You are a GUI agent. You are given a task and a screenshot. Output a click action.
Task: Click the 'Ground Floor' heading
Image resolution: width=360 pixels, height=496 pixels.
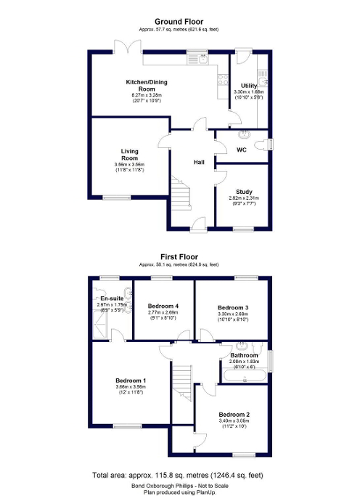click(179, 21)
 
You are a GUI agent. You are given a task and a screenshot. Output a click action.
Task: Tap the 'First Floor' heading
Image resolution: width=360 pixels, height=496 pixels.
click(179, 256)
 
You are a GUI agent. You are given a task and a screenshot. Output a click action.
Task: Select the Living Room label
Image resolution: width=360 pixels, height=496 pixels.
click(129, 155)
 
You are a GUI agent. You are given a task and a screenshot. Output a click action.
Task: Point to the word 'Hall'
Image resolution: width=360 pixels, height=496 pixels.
click(198, 162)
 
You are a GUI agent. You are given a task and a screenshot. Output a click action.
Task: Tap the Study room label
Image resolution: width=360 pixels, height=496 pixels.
click(244, 192)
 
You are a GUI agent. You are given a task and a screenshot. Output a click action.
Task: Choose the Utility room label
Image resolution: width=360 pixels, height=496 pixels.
click(249, 86)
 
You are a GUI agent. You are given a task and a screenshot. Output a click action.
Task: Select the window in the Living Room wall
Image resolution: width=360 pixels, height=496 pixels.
click(115, 198)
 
